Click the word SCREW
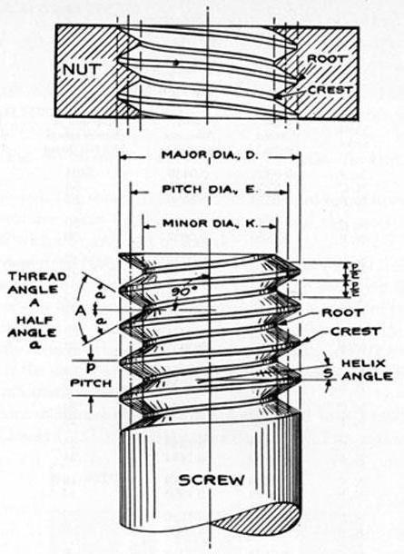(x=212, y=479)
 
